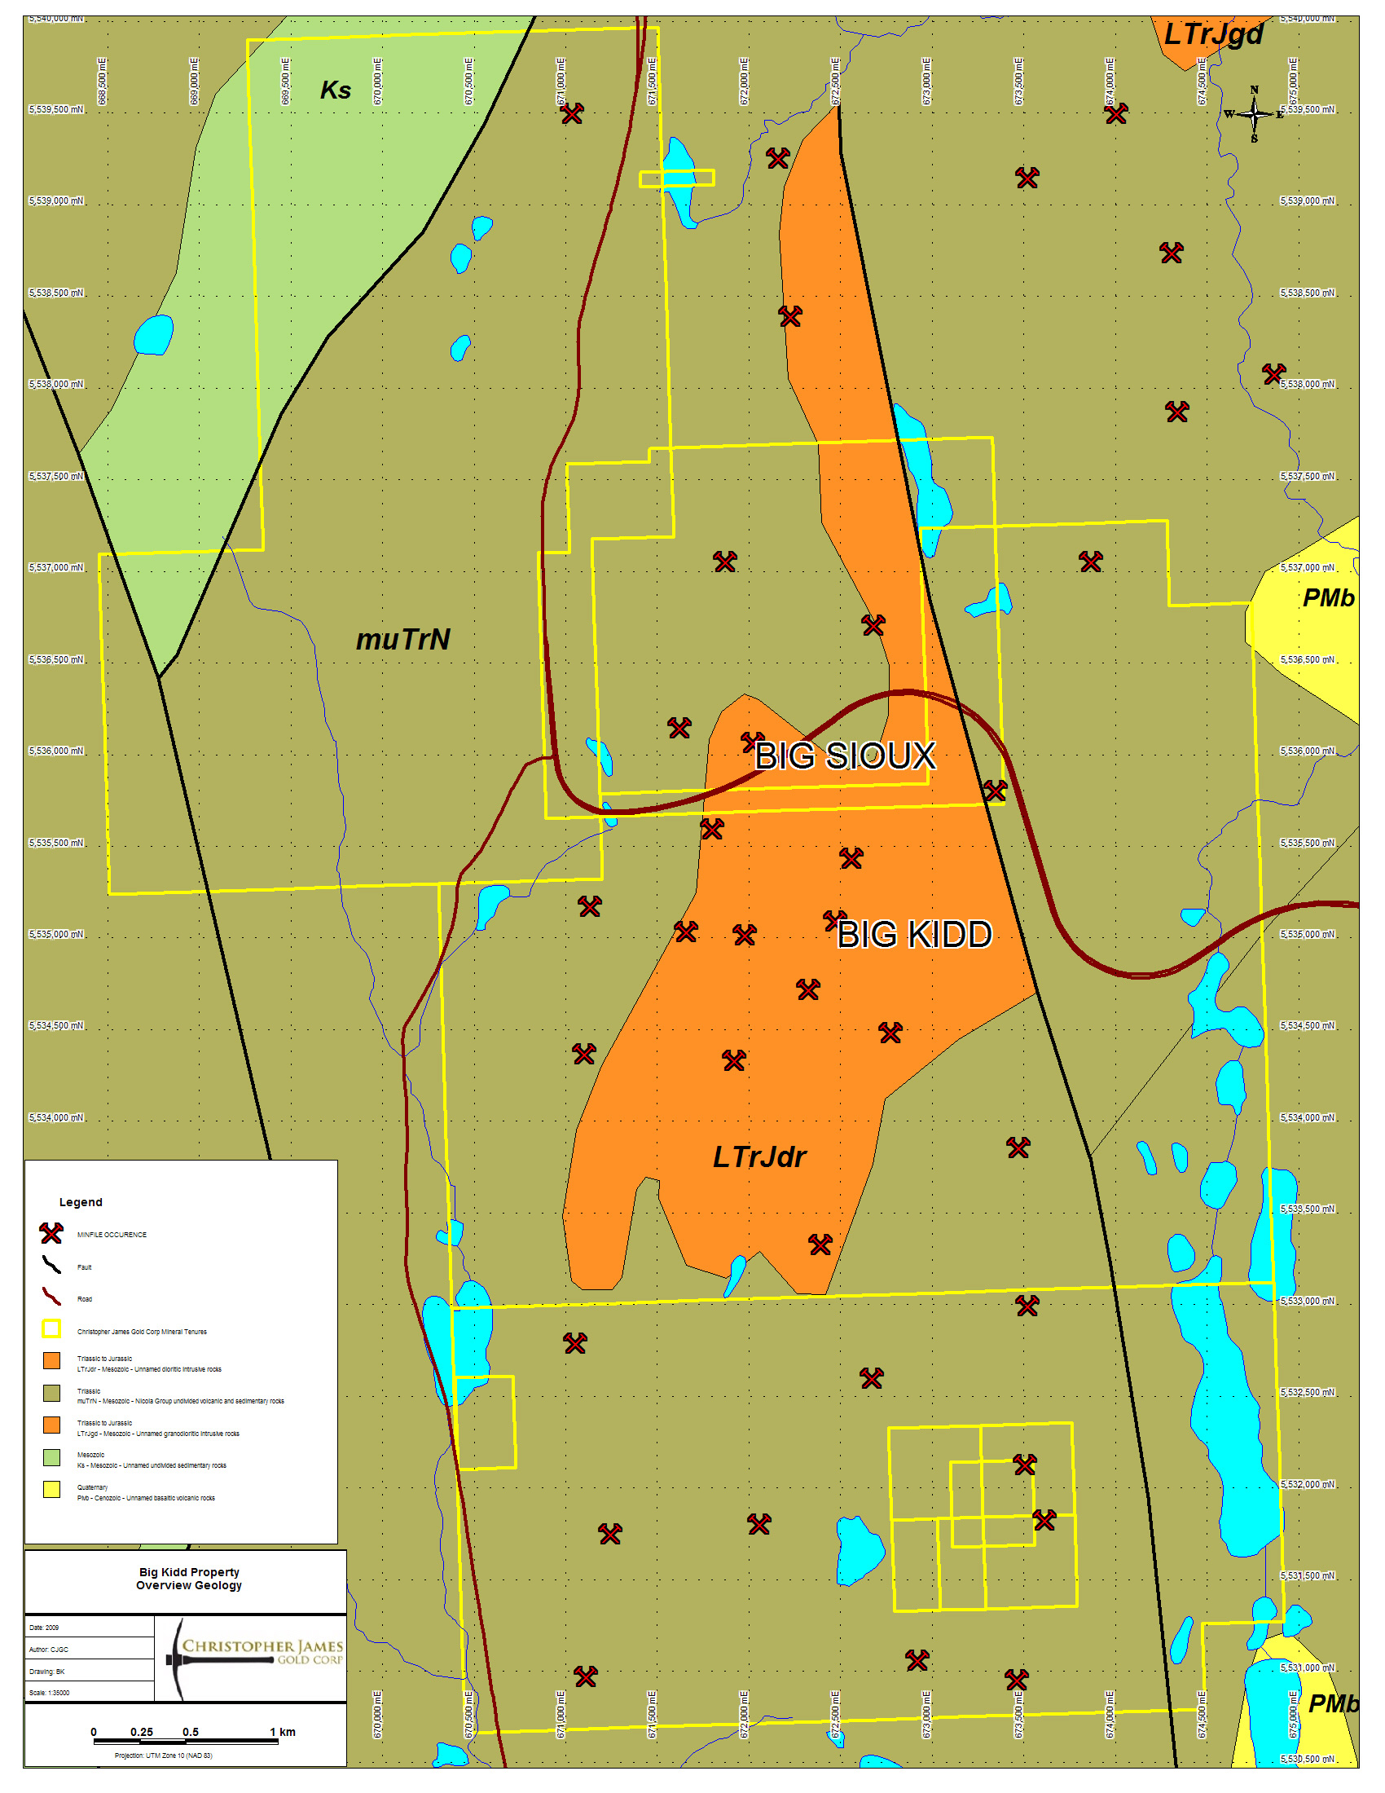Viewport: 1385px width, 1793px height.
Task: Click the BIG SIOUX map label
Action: (845, 756)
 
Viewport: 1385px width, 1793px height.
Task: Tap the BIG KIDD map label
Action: (914, 935)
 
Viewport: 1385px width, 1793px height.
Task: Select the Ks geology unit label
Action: (336, 90)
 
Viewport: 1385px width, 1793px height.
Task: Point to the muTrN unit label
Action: (402, 641)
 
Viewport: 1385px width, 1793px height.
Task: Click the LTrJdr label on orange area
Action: (759, 1157)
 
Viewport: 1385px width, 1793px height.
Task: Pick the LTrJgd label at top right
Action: (1214, 34)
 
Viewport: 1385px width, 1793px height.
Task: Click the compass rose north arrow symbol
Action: (1254, 114)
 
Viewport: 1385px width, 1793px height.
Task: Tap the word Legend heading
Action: (81, 1203)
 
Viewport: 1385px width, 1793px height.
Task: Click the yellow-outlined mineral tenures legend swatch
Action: (51, 1329)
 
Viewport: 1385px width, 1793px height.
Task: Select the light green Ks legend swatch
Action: (51, 1458)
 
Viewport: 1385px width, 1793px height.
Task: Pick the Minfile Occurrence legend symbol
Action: (51, 1234)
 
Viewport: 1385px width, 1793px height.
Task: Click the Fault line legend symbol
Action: (51, 1266)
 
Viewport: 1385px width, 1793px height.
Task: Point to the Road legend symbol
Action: (51, 1297)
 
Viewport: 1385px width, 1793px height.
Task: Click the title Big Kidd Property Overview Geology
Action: (189, 1579)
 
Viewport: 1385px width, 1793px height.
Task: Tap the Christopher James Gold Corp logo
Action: (254, 1658)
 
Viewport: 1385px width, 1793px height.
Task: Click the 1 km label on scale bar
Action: (283, 1732)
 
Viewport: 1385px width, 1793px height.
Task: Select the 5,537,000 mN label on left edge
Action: (55, 568)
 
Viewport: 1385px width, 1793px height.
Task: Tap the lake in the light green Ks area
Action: (153, 335)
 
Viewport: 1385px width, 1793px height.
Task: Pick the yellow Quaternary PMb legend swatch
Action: (51, 1490)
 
